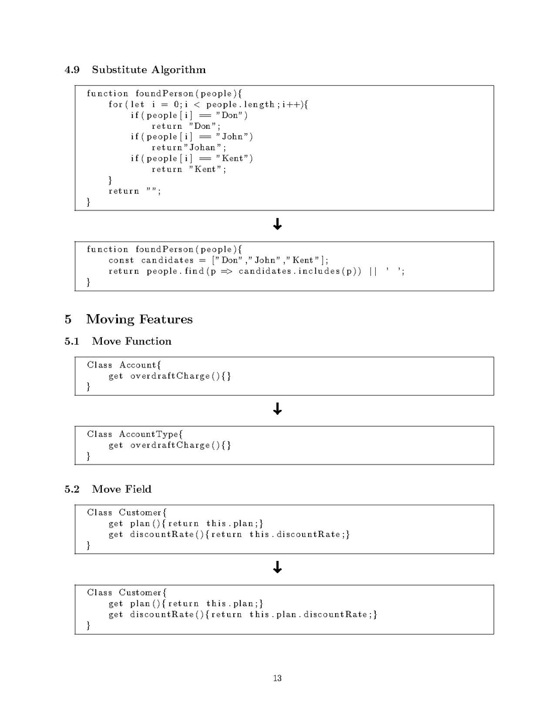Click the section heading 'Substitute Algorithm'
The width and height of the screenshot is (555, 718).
coord(149,70)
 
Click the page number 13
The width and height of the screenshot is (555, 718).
coord(277,678)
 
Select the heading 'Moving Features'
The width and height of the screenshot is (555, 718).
coord(139,319)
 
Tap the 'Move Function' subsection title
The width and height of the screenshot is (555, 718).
coord(131,341)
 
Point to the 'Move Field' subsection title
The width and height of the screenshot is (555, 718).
coord(121,489)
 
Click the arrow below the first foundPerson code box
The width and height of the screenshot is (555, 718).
coord(277,224)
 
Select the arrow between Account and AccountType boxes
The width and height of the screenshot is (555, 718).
coord(277,409)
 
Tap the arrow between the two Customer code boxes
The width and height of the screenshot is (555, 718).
coord(277,568)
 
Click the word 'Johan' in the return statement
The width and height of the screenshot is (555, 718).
coord(203,147)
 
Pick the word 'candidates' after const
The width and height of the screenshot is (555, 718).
coord(167,260)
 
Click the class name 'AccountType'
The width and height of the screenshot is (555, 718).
coord(149,434)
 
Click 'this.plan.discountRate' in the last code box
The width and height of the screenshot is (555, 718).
coord(308,614)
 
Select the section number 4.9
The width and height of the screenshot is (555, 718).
coord(72,70)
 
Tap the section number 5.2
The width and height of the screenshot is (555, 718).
coord(72,489)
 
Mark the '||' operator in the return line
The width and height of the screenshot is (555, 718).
coord(373,271)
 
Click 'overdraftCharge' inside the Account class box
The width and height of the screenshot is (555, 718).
coord(170,376)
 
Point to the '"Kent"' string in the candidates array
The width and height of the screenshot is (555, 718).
coord(303,260)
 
